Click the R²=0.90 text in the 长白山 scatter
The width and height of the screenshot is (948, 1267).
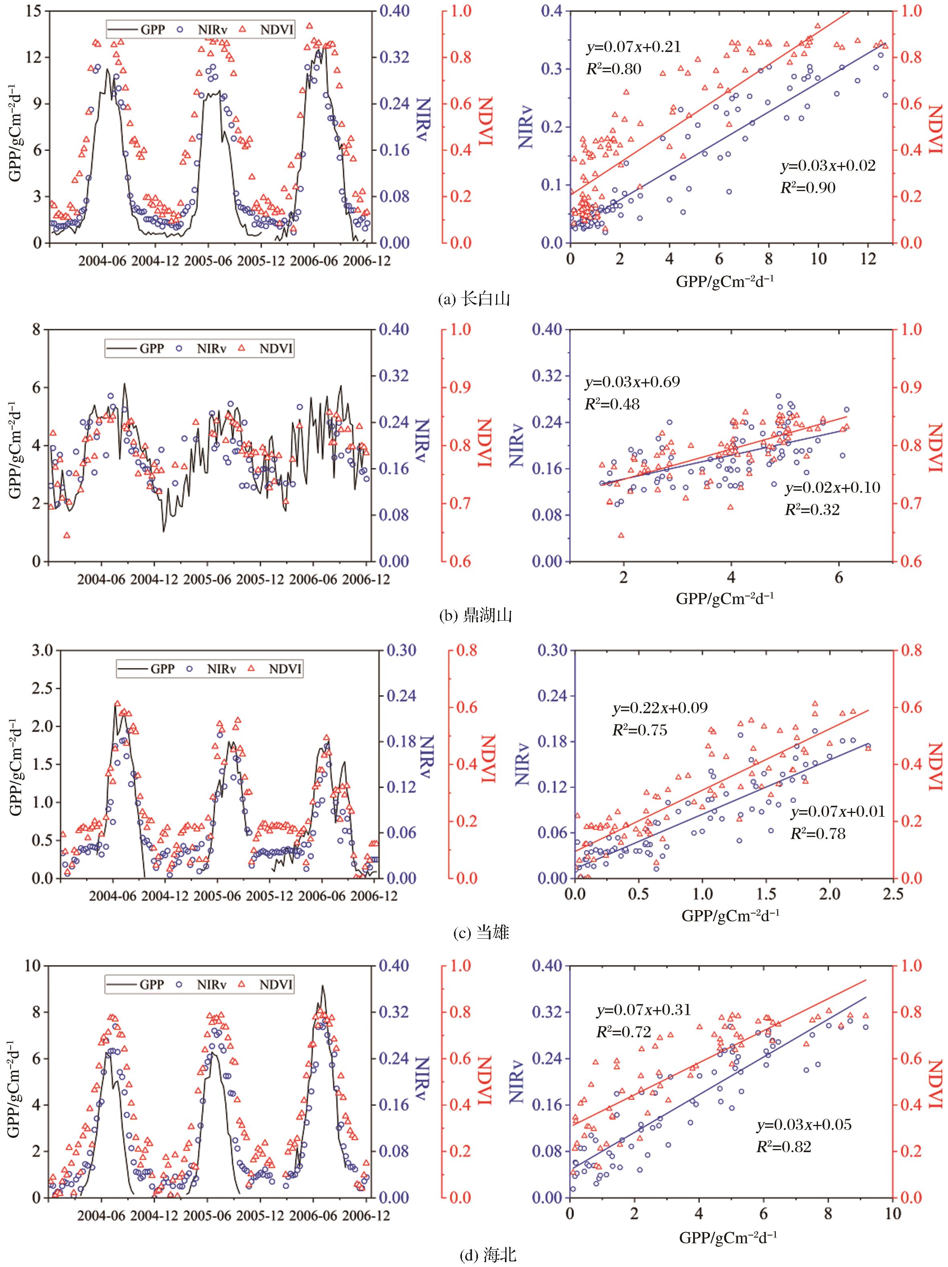(x=808, y=187)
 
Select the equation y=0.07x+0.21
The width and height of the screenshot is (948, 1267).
(x=633, y=47)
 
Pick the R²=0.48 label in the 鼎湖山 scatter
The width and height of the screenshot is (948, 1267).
(x=612, y=404)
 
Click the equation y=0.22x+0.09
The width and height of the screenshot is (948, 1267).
(x=660, y=708)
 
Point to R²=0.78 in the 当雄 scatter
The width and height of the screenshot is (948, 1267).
(x=818, y=833)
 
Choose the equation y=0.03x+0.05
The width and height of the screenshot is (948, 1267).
(x=804, y=1124)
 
